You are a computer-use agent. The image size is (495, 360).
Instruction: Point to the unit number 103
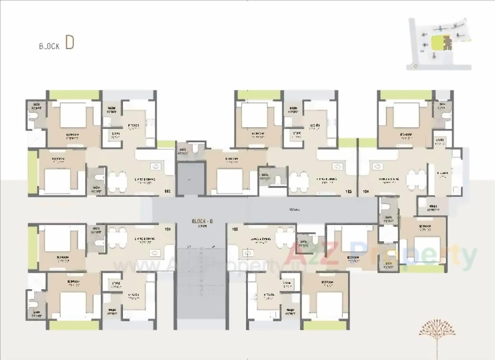pyautogui.click(x=348, y=191)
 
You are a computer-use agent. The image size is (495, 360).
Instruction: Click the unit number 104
pyautogui.click(x=366, y=191)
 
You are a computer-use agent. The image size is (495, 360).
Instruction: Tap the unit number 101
pyautogui.click(x=168, y=229)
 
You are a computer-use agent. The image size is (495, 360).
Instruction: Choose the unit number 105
pyautogui.click(x=234, y=229)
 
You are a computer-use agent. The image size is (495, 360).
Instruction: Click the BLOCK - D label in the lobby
pyautogui.click(x=202, y=221)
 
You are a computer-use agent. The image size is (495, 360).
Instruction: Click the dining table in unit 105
pyautogui.click(x=285, y=234)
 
